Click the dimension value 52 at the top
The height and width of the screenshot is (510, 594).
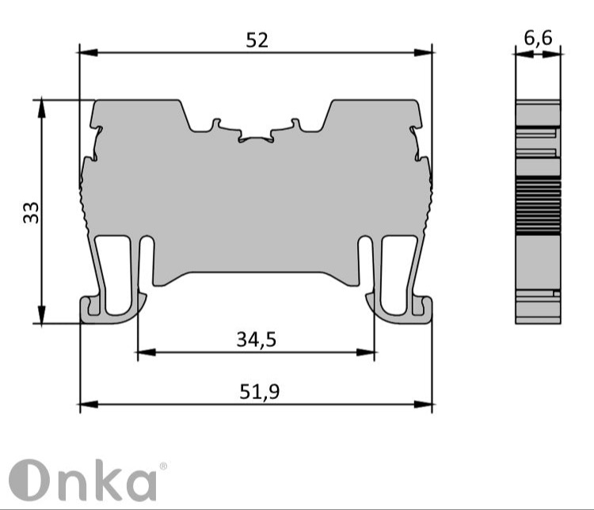click(x=257, y=40)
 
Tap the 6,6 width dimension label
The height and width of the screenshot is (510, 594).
click(x=538, y=38)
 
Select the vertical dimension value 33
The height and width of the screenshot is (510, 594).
click(x=31, y=212)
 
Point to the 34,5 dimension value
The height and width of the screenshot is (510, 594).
click(x=257, y=340)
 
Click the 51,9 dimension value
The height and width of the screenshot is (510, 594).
click(x=260, y=392)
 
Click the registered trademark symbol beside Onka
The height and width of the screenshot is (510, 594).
click(x=163, y=466)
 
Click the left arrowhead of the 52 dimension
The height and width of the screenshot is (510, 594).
click(x=89, y=53)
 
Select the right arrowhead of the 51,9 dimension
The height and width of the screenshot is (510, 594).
click(x=423, y=405)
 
